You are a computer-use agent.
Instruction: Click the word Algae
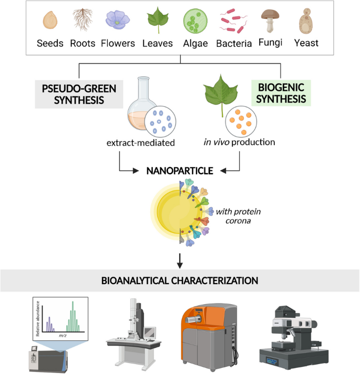[195, 43]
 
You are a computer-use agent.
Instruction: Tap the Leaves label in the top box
[157, 43]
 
